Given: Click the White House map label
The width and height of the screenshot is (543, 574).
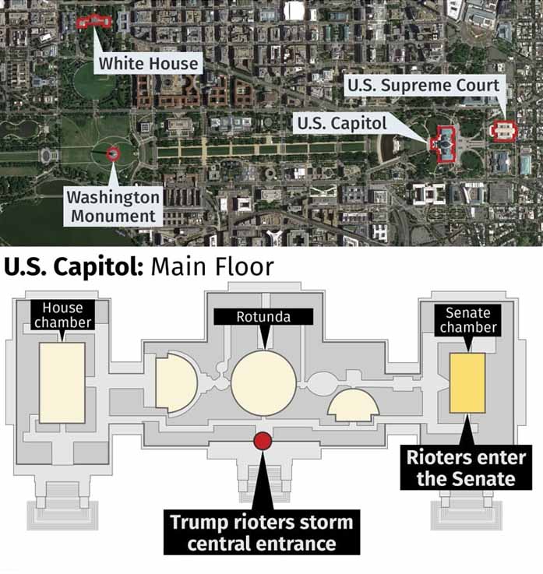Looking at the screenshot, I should [148, 63].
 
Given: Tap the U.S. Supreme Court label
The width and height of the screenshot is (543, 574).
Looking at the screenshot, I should [424, 85].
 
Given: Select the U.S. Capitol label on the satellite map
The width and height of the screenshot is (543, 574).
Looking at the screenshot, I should [341, 123].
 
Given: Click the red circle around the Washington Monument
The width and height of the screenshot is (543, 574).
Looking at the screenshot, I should [114, 153].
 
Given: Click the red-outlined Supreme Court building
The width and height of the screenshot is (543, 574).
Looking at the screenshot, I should [502, 130].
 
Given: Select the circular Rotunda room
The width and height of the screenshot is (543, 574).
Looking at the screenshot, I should [263, 383].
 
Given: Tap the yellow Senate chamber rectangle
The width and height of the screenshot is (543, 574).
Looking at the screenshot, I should [467, 383].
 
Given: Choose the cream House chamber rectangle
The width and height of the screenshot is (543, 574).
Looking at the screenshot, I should [62, 382].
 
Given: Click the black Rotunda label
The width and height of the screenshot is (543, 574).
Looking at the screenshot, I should [263, 317].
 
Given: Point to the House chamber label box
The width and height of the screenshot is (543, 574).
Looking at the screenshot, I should [62, 315].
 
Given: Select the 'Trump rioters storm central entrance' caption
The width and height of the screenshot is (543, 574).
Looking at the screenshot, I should [262, 532].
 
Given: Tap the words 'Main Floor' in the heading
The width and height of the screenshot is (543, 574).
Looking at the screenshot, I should [213, 267].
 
